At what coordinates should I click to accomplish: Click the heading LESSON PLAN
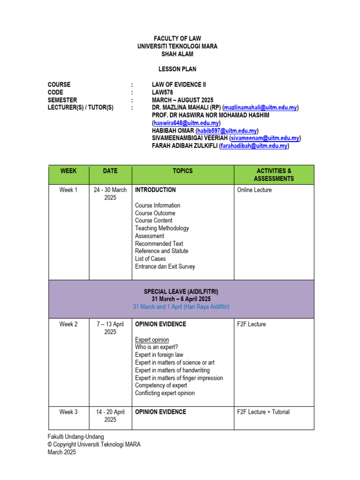[177, 69]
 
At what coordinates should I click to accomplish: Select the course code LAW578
[163, 92]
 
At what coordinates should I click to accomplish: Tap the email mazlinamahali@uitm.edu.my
[260, 108]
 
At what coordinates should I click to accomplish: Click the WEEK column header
[68, 171]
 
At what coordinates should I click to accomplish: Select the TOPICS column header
[182, 171]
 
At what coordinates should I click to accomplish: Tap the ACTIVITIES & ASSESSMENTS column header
[274, 175]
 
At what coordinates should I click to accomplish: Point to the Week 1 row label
[68, 190]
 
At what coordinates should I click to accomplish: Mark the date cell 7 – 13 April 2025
[110, 328]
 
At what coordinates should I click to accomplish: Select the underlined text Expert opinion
[152, 339]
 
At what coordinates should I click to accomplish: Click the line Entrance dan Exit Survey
[165, 266]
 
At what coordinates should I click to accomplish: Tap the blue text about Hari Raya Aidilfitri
[181, 307]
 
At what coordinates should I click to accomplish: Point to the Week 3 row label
[68, 412]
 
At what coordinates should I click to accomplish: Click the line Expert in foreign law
[159, 355]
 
